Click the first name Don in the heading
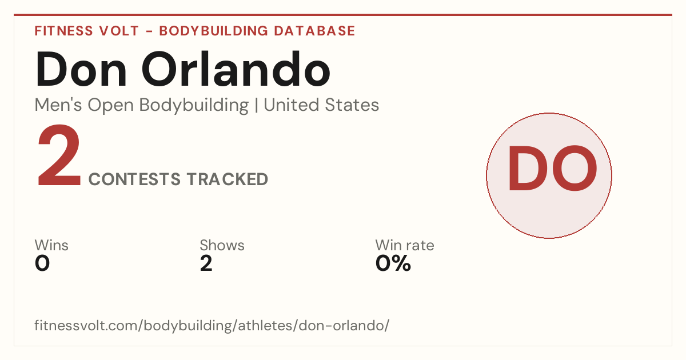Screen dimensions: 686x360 [x=81, y=69]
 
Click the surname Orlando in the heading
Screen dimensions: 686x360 [x=236, y=69]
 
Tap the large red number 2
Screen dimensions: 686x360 [x=59, y=155]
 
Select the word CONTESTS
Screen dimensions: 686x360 [x=134, y=179]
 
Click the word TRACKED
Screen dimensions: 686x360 [x=228, y=179]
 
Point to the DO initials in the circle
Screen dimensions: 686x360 [x=552, y=168]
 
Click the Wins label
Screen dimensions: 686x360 [x=51, y=245]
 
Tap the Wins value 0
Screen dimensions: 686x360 [x=42, y=263]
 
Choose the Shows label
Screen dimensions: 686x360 [x=222, y=245]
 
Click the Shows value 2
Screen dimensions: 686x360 [x=206, y=263]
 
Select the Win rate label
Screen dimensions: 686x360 [x=405, y=245]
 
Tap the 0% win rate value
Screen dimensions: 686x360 [x=393, y=263]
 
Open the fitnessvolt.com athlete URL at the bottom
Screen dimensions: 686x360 [x=212, y=325]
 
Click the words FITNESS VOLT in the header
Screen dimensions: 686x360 [x=87, y=31]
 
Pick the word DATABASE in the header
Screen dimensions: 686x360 [x=314, y=31]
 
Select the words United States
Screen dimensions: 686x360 [x=321, y=105]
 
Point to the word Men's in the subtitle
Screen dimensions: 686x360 [x=58, y=105]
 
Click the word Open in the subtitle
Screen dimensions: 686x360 [x=110, y=106]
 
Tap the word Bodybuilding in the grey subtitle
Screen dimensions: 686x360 [x=194, y=106]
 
